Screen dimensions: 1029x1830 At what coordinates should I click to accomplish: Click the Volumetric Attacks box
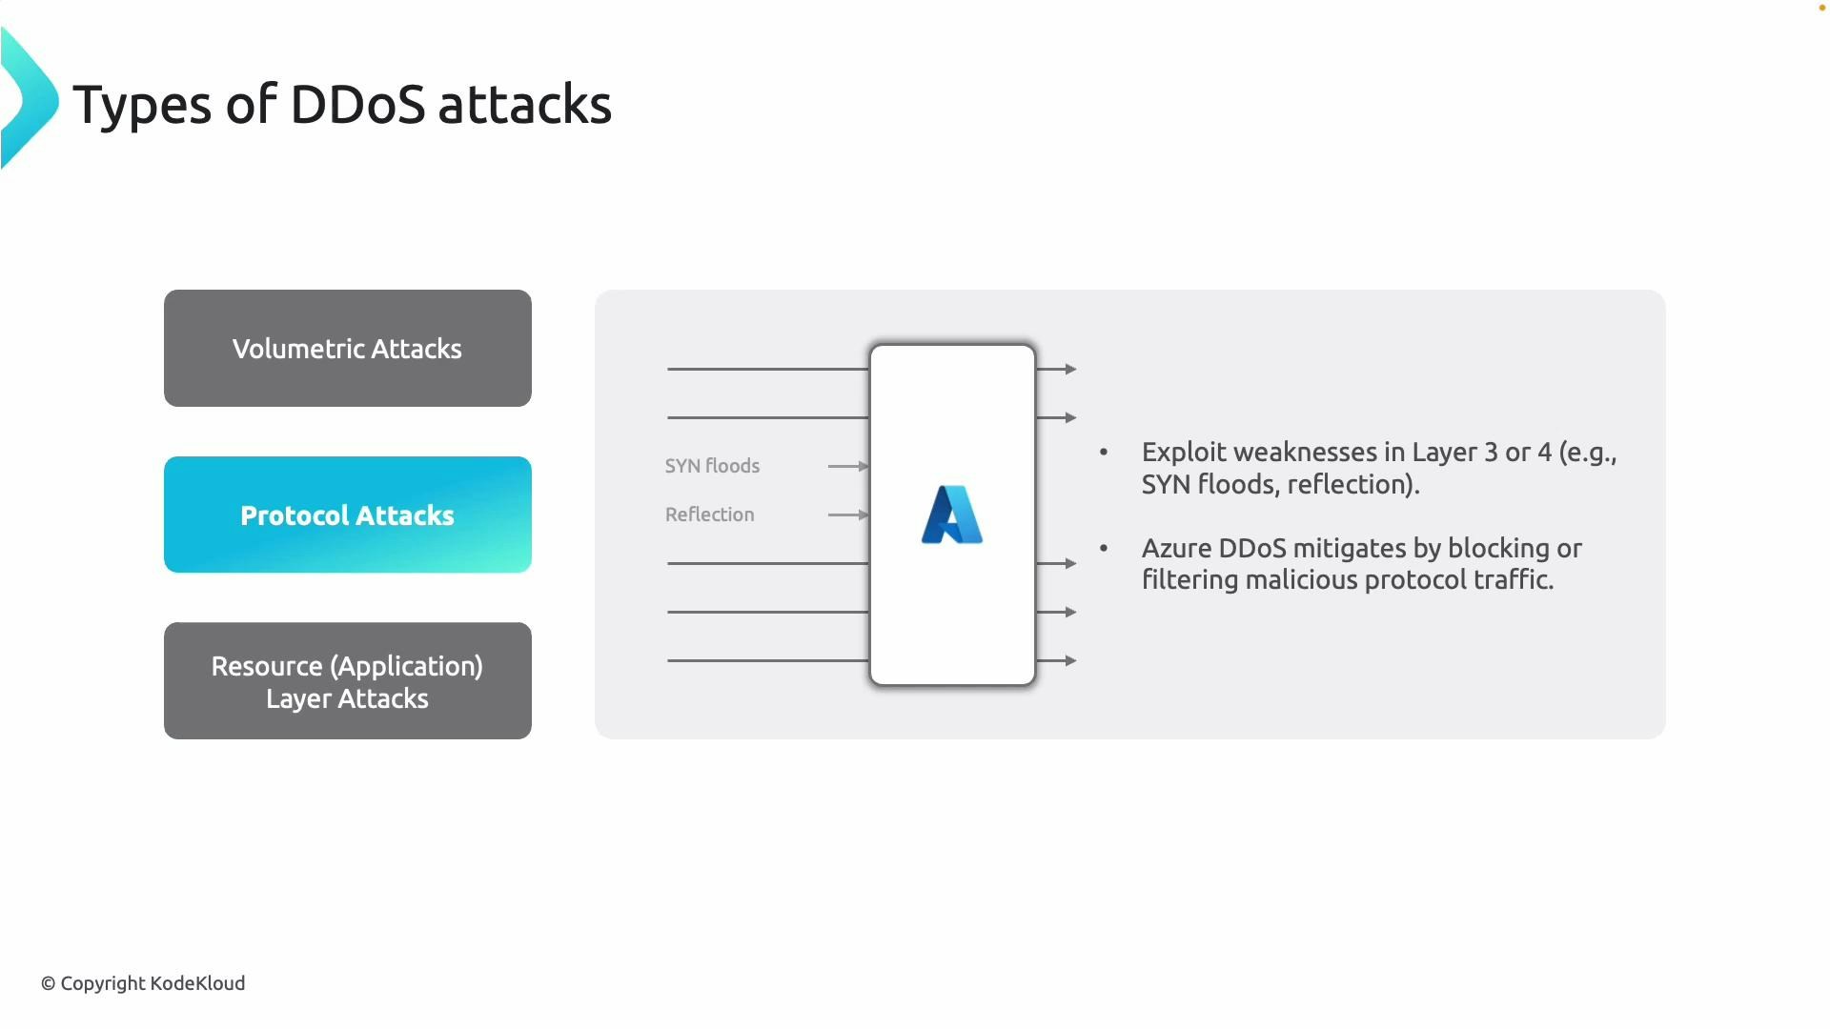347,349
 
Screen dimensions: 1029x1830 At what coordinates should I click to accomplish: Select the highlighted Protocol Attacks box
347,515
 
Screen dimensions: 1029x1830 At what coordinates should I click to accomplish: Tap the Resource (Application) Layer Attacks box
347,681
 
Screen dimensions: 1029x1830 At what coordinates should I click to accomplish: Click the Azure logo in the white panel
952,515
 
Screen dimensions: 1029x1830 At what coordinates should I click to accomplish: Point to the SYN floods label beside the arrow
712,466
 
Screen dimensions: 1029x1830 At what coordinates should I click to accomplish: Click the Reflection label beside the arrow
709,514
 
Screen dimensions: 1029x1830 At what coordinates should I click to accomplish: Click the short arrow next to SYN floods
847,466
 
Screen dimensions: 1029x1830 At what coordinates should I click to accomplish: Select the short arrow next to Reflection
847,514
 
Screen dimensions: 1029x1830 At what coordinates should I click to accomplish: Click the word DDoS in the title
356,104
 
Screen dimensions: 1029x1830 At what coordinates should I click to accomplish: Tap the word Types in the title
141,106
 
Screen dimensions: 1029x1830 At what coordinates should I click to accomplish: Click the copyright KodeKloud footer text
143,983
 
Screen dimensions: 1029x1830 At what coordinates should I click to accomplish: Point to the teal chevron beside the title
29,99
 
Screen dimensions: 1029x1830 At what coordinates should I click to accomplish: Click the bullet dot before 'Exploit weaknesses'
1104,452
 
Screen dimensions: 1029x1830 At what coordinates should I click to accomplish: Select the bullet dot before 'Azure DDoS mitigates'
1104,548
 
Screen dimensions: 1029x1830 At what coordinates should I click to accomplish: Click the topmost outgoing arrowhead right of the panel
1070,369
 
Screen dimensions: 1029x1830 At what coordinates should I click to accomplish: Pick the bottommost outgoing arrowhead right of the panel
1070,660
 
